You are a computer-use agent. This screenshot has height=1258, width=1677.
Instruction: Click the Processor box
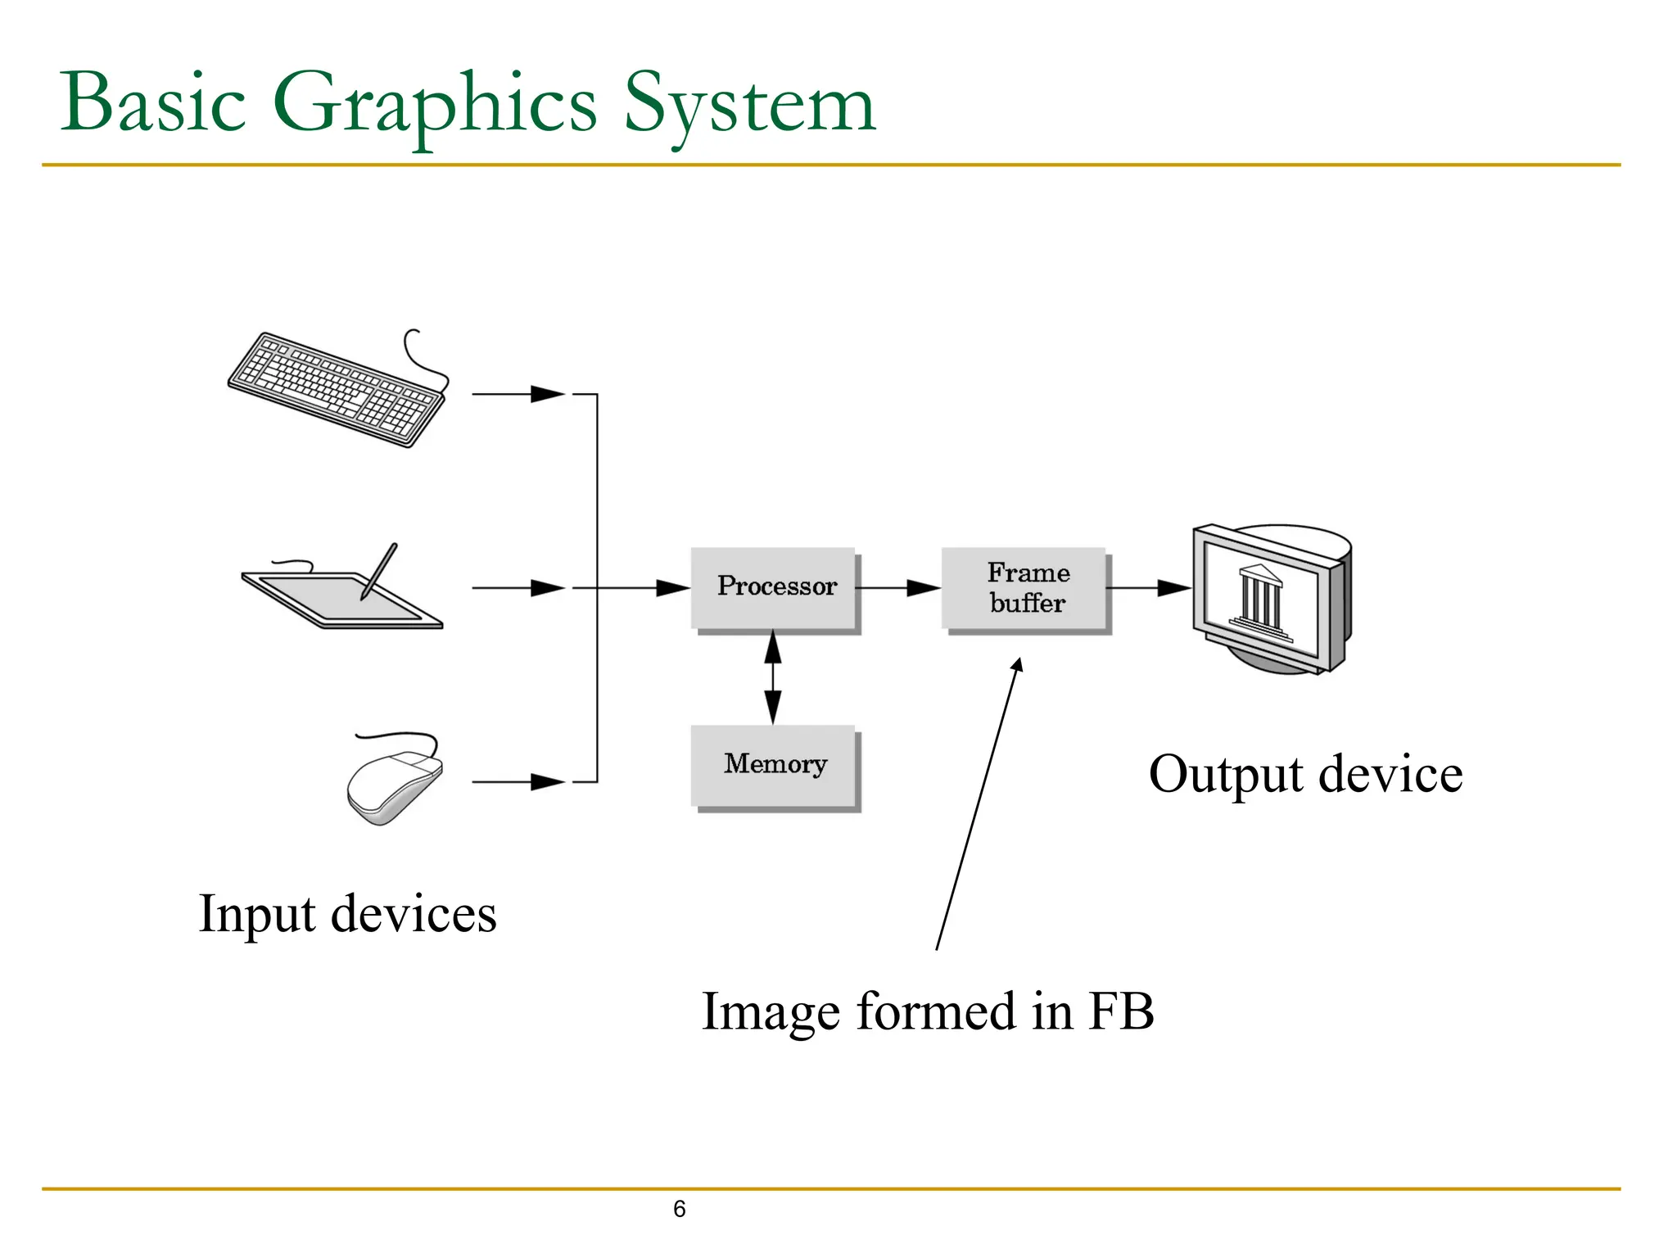[775, 588]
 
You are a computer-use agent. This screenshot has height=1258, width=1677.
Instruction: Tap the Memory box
[775, 765]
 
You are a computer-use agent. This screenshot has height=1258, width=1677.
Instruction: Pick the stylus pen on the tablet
[379, 571]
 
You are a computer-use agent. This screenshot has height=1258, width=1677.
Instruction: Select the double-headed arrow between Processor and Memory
[772, 677]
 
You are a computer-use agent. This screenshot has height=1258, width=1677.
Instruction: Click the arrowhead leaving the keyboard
[546, 394]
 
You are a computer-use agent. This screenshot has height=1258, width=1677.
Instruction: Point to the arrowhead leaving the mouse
[546, 782]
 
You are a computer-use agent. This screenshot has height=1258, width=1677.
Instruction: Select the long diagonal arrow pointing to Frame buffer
[979, 803]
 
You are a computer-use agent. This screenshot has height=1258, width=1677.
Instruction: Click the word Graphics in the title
[434, 105]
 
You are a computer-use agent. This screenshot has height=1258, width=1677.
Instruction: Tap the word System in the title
[749, 105]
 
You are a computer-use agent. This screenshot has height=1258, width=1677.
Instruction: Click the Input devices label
[347, 914]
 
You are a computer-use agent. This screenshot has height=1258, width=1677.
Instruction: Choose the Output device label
[1305, 774]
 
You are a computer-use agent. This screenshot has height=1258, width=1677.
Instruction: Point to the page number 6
[679, 1209]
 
